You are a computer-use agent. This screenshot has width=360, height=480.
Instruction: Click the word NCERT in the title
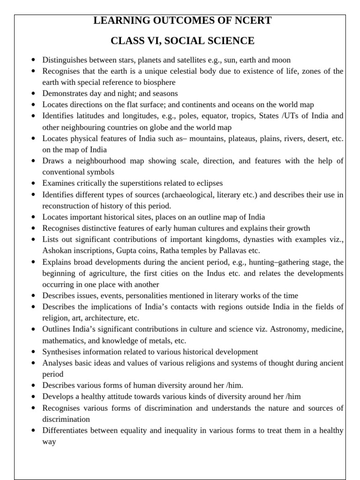click(251, 21)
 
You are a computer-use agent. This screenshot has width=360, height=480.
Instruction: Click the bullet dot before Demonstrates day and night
click(33, 94)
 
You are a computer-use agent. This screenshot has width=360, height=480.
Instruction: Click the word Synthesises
click(64, 352)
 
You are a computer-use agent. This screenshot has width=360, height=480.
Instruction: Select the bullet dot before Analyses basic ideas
click(33, 363)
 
